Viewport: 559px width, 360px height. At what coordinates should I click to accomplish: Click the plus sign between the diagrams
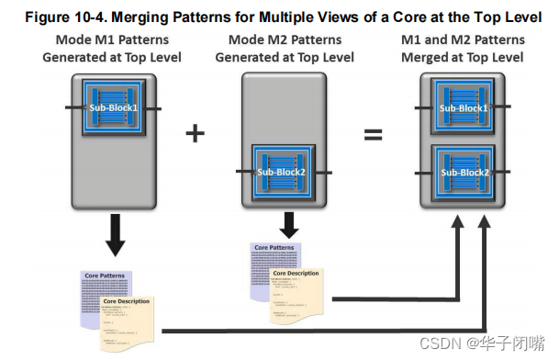195,133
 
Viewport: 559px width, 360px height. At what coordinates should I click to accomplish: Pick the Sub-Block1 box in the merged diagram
464,108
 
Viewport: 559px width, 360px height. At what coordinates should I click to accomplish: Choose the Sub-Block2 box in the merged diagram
464,172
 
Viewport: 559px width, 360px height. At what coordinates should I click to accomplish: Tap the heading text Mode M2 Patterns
285,40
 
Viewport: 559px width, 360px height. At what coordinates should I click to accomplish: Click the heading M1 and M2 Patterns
464,40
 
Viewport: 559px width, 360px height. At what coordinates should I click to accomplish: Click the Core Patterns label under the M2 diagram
274,248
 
